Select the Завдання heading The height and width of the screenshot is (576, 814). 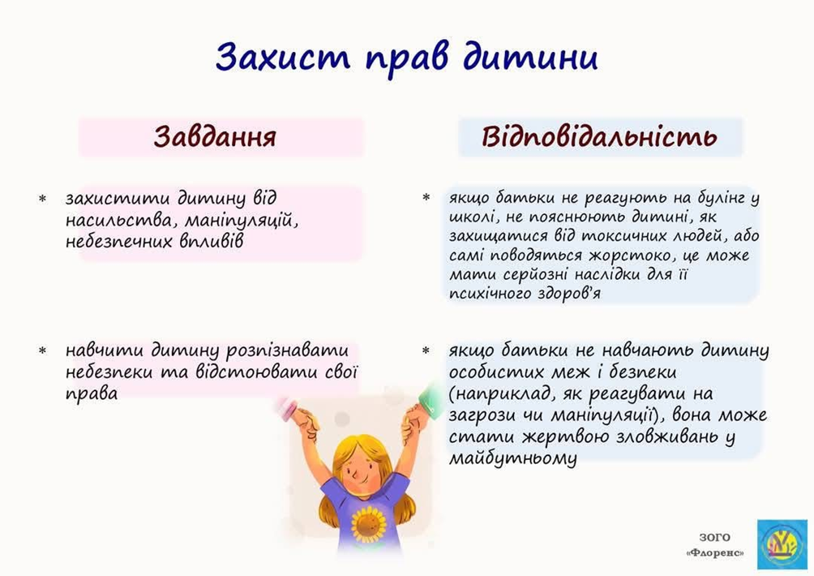[x=215, y=136]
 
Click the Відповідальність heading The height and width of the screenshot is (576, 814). [x=600, y=136]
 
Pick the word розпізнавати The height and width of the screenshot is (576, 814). [x=287, y=350]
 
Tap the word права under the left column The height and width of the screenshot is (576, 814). [x=92, y=394]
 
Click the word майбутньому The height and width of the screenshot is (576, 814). [x=513, y=458]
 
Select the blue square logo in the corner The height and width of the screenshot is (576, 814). [x=782, y=544]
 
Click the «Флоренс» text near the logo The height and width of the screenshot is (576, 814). [x=715, y=553]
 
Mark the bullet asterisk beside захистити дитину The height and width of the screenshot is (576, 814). [x=43, y=199]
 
